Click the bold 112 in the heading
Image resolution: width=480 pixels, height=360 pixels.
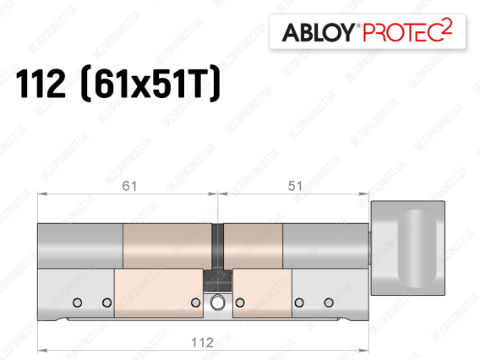(40, 84)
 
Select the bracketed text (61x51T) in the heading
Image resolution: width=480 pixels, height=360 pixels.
(150, 84)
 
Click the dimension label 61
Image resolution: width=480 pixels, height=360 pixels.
(129, 186)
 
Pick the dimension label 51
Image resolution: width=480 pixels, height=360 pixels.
(295, 186)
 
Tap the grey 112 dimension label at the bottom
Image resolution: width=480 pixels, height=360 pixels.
(202, 342)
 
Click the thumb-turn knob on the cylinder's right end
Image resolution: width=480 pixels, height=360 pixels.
(408, 248)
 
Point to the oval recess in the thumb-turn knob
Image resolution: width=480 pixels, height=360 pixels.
(417, 248)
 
